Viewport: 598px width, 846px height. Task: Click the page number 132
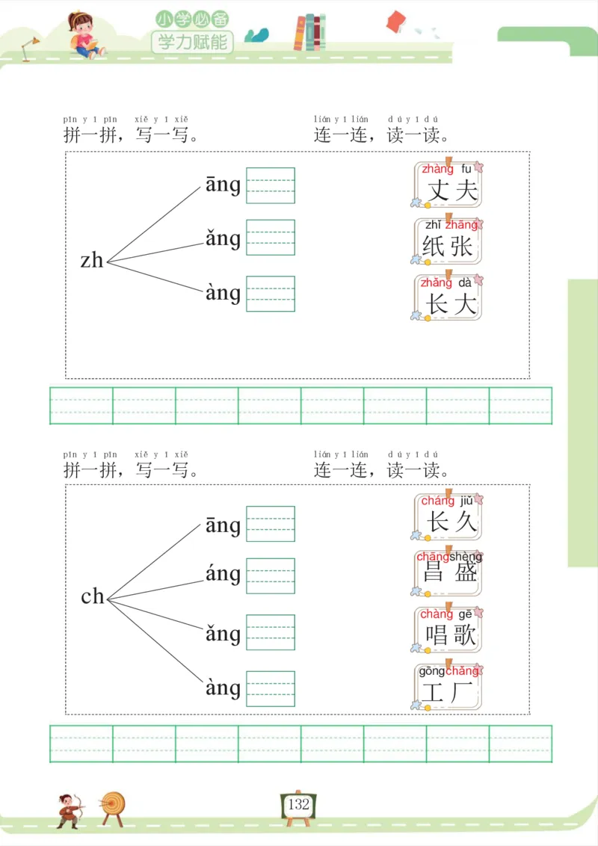tap(298, 804)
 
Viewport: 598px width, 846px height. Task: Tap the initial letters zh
tap(92, 260)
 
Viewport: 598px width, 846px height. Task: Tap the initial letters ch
tap(93, 596)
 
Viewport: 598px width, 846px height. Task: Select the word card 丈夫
tap(448, 185)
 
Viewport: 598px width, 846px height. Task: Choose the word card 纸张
tap(448, 241)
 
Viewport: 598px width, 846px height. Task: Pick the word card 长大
tap(448, 298)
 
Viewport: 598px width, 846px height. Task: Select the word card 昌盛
tap(448, 573)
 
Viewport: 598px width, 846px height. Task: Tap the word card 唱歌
tap(448, 629)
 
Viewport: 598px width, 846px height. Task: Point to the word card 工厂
tap(448, 687)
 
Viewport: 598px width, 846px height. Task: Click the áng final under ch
tap(223, 575)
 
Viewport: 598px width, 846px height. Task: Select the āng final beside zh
tap(223, 185)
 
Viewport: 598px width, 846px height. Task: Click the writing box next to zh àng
tap(271, 294)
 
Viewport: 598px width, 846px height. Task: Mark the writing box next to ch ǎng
tap(271, 632)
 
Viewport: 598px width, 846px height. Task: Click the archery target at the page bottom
tap(114, 804)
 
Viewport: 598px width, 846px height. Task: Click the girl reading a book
tap(84, 34)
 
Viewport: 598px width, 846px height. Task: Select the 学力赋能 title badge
tap(192, 42)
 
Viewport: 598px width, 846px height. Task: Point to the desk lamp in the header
tap(31, 48)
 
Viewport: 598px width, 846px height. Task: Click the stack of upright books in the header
tap(309, 33)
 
